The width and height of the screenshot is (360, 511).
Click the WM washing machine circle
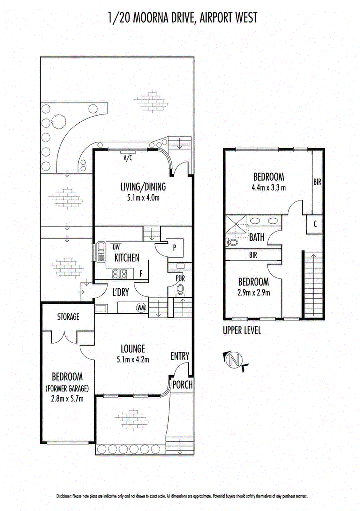(141, 308)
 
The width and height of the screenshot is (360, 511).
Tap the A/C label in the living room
(128, 158)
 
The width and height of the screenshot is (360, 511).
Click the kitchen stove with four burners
(119, 274)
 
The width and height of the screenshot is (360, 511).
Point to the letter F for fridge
(141, 273)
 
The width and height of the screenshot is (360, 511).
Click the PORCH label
(183, 385)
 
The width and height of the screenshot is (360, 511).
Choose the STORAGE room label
(68, 317)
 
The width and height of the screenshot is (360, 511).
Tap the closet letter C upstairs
(315, 224)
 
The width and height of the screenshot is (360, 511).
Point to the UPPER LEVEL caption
(242, 331)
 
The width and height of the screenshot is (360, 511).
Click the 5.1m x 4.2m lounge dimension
(133, 360)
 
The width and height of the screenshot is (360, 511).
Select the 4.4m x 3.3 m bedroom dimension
(269, 188)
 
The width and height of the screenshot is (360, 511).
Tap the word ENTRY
(180, 356)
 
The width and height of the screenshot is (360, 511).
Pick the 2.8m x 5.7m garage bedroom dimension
(68, 399)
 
